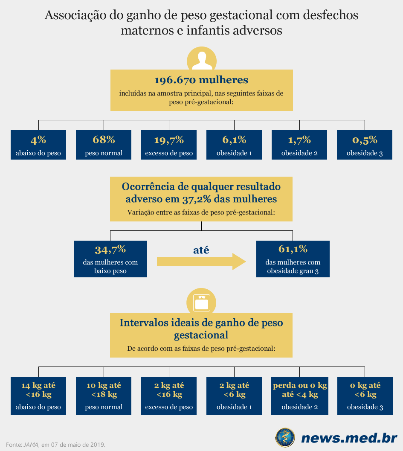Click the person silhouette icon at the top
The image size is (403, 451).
(x=202, y=61)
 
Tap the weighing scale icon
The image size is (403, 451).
(x=201, y=303)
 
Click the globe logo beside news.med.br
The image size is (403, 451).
(x=285, y=438)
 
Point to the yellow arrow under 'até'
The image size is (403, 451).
(x=201, y=262)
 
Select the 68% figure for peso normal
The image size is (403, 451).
(x=104, y=140)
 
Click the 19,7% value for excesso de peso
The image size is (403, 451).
(x=169, y=140)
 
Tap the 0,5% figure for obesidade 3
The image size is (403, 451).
(x=365, y=140)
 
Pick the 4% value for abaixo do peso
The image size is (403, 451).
(x=38, y=140)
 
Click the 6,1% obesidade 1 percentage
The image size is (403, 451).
(x=234, y=140)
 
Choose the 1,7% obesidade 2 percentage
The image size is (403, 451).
(x=299, y=140)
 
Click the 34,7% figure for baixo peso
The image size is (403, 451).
(x=110, y=249)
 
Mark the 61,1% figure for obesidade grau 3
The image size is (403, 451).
(x=293, y=249)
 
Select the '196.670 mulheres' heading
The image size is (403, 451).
(x=201, y=80)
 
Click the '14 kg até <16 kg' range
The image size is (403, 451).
(x=38, y=390)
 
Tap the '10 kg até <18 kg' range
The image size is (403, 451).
(x=104, y=390)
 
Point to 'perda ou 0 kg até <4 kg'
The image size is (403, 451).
(x=300, y=390)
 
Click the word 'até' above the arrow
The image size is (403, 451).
(x=201, y=250)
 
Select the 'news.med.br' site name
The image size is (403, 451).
(x=349, y=438)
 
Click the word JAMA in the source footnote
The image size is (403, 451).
(x=31, y=445)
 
